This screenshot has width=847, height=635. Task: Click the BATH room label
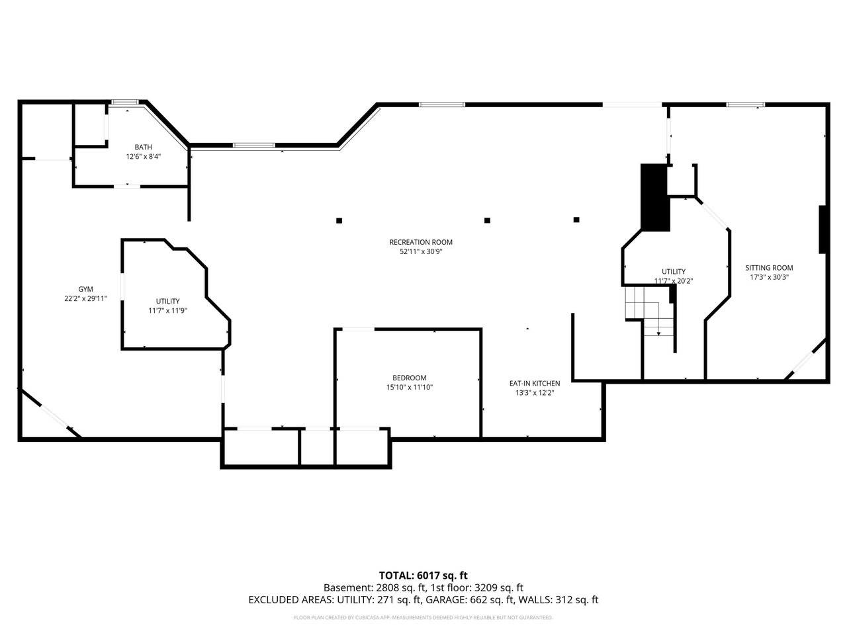coord(144,147)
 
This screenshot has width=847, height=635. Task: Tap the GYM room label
coord(85,289)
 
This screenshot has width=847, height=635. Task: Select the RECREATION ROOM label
coord(421,242)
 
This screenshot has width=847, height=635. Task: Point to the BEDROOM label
coord(410,378)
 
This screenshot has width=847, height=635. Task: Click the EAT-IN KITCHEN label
coord(534,383)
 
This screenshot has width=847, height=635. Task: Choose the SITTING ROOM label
coord(769,268)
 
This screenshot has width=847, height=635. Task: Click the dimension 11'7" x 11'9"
coord(167,310)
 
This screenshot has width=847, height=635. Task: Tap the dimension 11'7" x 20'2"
coord(674,280)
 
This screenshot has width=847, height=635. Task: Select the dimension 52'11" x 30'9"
coord(421,251)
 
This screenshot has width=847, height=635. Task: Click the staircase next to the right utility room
coord(651,312)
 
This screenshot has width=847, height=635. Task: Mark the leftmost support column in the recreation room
coord(339,221)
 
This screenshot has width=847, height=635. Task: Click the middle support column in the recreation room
coord(487,220)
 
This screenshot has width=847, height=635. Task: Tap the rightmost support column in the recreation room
coord(576,220)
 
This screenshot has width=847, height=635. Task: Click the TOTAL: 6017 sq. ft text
coord(423,575)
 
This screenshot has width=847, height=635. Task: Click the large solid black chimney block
coord(655,197)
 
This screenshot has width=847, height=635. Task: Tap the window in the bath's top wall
coord(124,102)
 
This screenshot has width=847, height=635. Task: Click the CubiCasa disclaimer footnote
coord(423,618)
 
